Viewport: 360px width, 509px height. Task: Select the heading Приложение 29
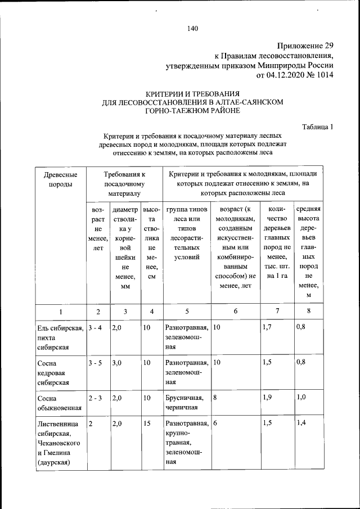tap(306, 46)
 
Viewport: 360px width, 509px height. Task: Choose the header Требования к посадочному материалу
tap(124, 184)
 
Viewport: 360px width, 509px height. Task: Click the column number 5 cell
tap(186, 312)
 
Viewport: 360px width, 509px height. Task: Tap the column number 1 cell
tap(60, 312)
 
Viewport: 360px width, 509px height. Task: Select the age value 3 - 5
tap(95, 363)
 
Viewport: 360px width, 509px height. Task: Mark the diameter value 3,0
tap(117, 363)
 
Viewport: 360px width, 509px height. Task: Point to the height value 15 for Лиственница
tap(147, 424)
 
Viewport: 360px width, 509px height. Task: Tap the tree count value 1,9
tap(267, 398)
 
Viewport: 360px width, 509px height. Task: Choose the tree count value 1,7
tap(267, 327)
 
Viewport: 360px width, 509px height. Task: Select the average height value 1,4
tap(301, 424)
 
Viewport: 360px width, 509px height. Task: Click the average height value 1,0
tap(301, 398)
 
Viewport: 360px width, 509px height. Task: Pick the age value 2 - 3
tap(95, 398)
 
